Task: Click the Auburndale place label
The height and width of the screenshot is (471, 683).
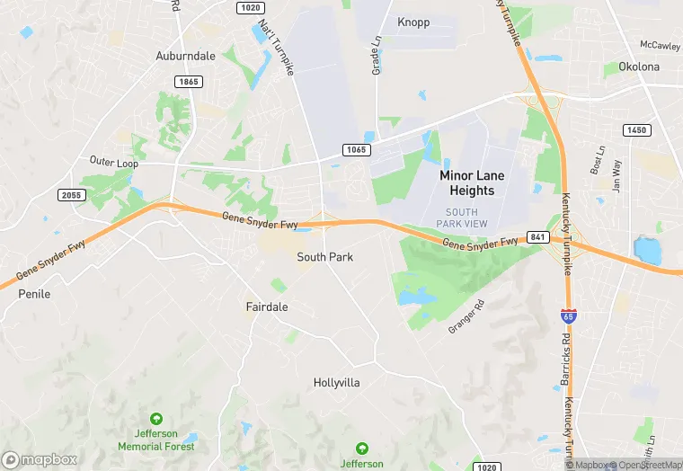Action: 186,56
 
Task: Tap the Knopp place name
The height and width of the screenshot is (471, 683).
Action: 413,22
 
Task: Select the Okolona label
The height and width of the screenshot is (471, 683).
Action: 638,67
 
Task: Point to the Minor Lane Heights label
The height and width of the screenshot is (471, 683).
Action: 466,183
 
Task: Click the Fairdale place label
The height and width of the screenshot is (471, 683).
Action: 267,307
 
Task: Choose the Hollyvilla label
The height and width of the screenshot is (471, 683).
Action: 337,383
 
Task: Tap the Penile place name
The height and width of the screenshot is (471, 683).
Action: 34,294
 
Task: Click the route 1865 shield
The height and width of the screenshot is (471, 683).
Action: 190,81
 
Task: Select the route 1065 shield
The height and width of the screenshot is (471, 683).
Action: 355,149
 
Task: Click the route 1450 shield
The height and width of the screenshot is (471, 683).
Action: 636,130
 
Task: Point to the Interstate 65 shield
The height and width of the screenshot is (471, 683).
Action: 568,316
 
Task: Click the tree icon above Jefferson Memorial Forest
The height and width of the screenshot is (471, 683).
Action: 156,419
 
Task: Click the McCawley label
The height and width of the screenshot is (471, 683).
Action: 660,45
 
